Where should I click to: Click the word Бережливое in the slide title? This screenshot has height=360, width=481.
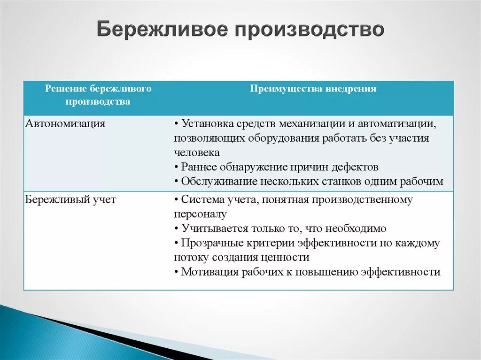[163, 30]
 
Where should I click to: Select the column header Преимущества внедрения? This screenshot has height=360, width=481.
[313, 89]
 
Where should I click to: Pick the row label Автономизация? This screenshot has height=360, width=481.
[65, 123]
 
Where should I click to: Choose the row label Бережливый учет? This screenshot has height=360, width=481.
[70, 199]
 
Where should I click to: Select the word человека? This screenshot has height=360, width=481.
[197, 153]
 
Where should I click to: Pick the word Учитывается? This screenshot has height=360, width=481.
[215, 229]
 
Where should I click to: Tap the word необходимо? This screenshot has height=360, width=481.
[356, 229]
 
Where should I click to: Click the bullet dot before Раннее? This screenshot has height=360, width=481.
[177, 168]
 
